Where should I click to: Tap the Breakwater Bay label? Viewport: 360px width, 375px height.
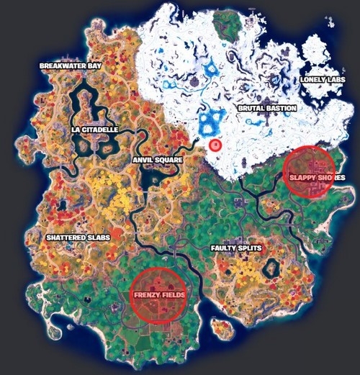[x=71, y=65]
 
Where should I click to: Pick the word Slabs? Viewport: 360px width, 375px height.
[x=97, y=237]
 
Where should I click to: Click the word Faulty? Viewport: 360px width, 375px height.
[x=224, y=248]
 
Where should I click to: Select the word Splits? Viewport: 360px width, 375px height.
[x=249, y=248]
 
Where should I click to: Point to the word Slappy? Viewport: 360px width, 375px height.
[x=301, y=177]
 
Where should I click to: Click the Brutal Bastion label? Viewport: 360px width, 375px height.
[x=267, y=109]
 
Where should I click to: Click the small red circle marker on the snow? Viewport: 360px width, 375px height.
[x=214, y=145]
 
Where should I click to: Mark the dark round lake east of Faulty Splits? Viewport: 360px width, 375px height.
[x=271, y=269]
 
